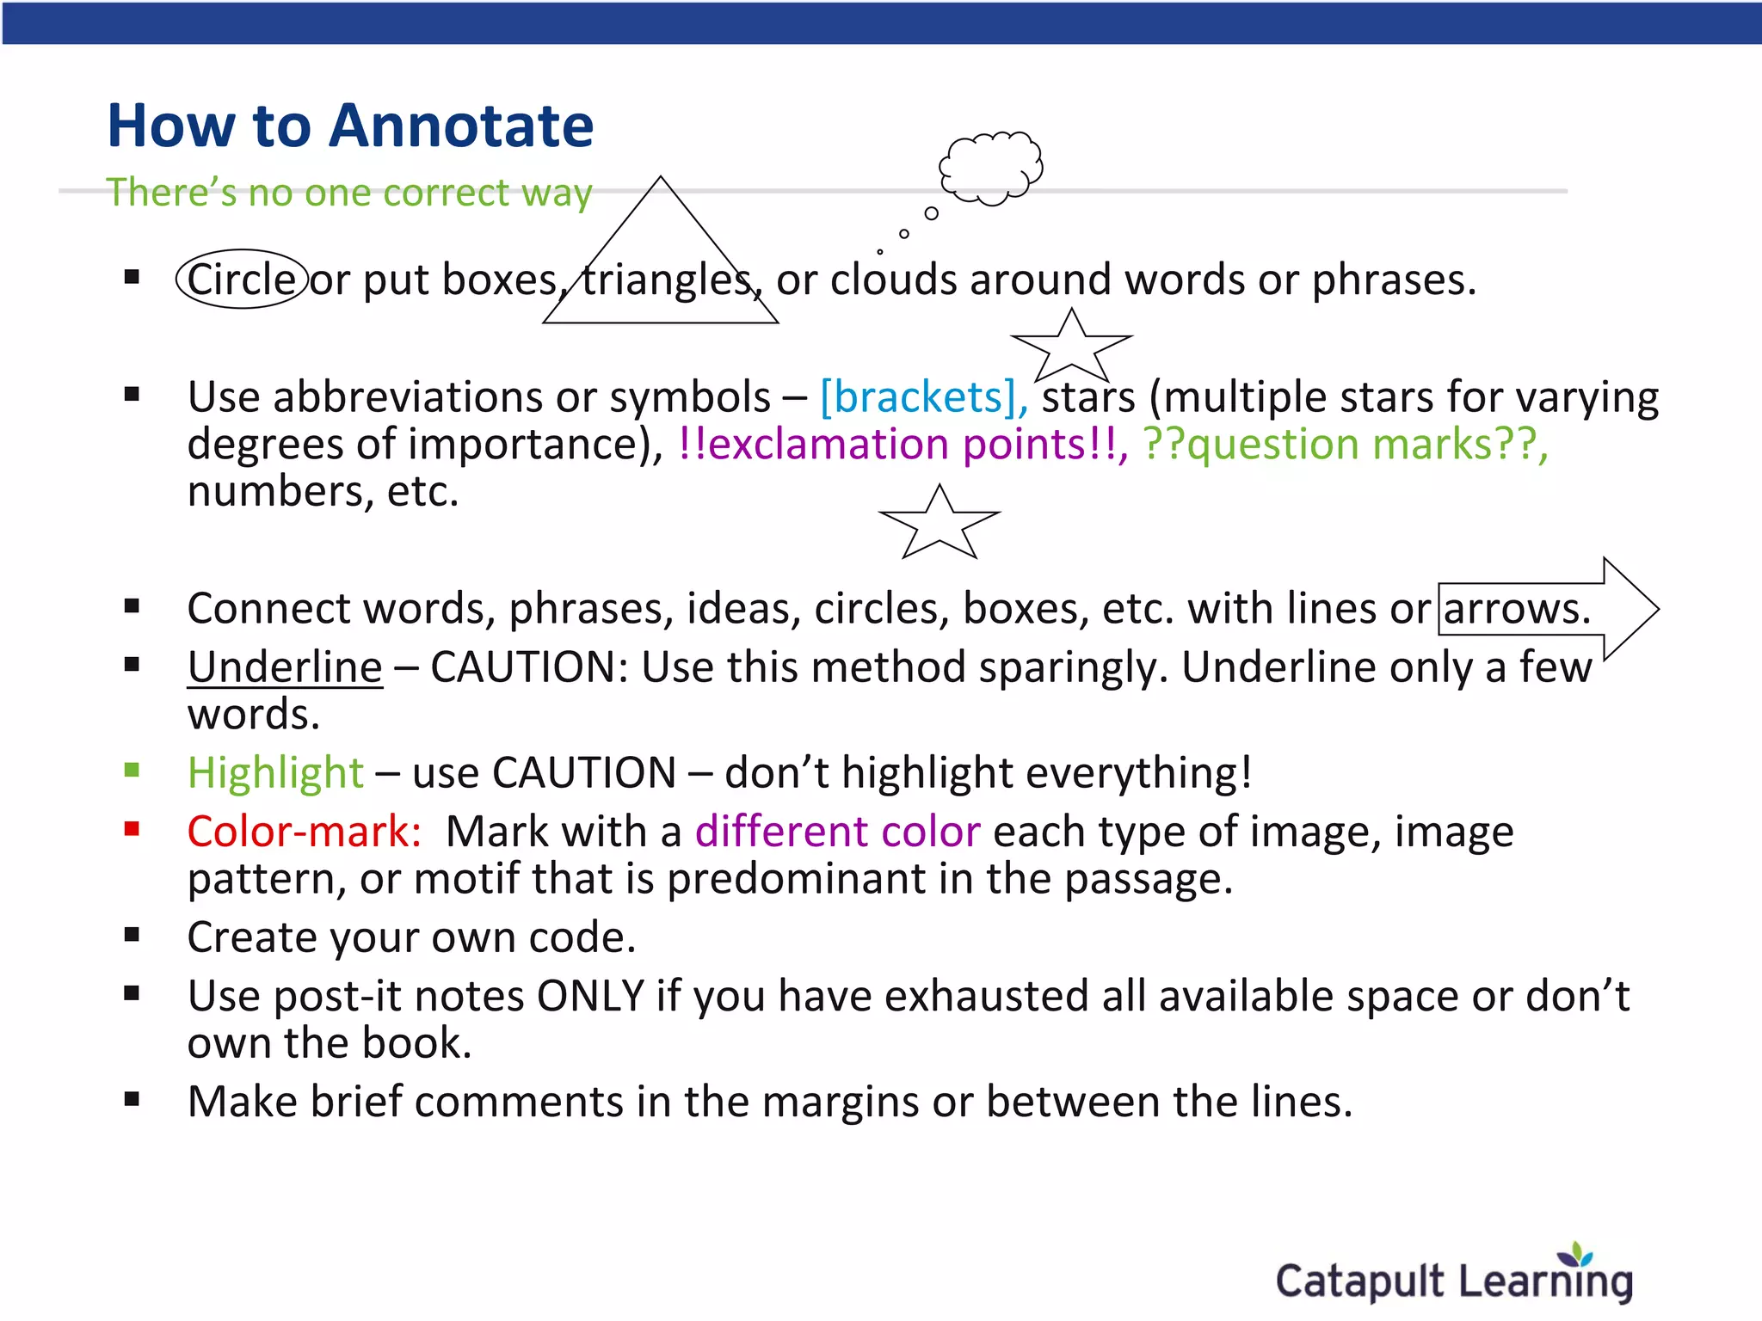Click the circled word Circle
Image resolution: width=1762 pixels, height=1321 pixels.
click(x=242, y=280)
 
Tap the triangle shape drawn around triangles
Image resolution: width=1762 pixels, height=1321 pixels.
click(x=661, y=258)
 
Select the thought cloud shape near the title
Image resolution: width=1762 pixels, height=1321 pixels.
click(x=991, y=168)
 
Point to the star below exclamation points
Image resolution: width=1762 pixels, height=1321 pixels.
click(x=940, y=523)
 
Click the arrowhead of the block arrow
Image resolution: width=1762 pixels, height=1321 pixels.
click(x=1630, y=608)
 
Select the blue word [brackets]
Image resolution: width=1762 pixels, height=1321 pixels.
click(x=922, y=397)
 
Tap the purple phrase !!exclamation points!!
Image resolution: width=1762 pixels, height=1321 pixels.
click(x=902, y=445)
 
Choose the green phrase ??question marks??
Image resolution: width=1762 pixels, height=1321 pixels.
click(x=1345, y=445)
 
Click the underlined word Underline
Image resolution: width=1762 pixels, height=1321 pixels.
click(x=285, y=667)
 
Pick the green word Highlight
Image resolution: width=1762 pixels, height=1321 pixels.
click(x=275, y=772)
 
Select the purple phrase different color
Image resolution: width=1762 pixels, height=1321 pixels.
click(x=837, y=832)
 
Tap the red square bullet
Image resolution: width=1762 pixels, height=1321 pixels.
click(x=132, y=829)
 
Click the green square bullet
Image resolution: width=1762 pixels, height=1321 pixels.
click(x=132, y=770)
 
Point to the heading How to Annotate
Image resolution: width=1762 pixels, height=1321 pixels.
click(x=350, y=126)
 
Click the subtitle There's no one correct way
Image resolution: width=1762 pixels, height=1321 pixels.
click(x=348, y=193)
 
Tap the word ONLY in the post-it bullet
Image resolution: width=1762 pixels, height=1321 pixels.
click(x=590, y=996)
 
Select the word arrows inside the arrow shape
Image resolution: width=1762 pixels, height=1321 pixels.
click(x=1516, y=609)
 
